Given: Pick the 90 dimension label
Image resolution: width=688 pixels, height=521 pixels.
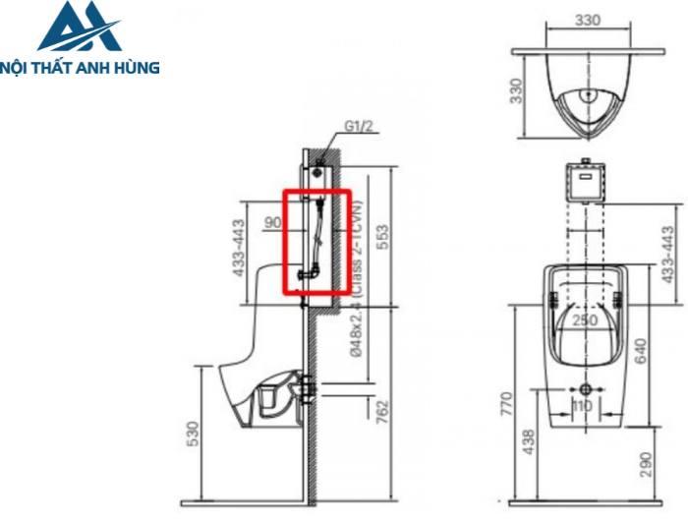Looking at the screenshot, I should click(273, 222).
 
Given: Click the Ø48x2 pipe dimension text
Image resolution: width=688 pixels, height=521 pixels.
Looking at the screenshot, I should click(360, 329).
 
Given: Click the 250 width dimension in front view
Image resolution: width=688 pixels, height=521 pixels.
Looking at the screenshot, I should click(586, 319).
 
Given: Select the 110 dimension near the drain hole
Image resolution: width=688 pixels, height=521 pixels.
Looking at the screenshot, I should click(585, 404).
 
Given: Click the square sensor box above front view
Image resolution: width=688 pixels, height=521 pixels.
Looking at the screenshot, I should click(584, 181).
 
